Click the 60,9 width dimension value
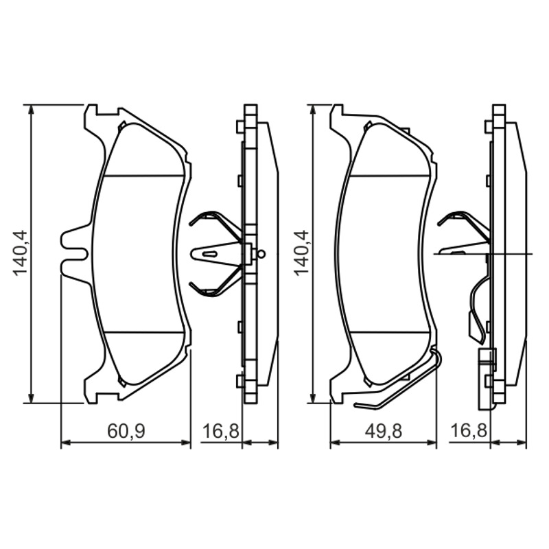coord(126,431)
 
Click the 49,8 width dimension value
coord(384,431)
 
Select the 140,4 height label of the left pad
coord(20,253)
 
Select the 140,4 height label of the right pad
coord(301,253)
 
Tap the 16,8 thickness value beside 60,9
coord(221,431)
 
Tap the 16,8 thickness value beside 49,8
coord(469,431)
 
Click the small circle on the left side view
coord(261,254)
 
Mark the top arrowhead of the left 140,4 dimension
coord(32,109)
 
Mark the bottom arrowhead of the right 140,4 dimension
coord(314,398)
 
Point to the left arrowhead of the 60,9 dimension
coord(66,443)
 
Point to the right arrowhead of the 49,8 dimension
coord(432,443)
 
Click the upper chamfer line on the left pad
coord(144,176)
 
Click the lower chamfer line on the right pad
coord(390,331)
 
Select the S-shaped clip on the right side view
coord(477,308)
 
